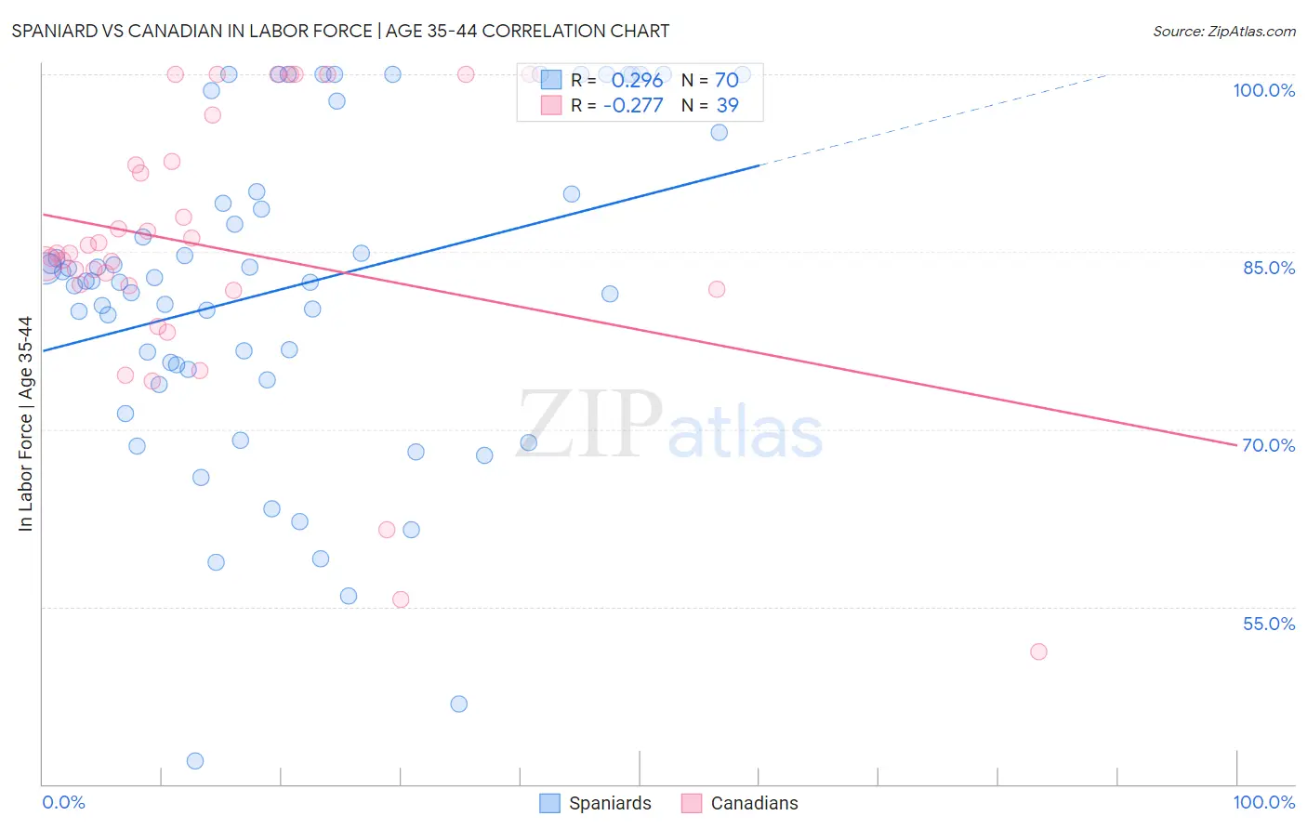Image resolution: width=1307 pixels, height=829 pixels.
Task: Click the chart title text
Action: point(340,31)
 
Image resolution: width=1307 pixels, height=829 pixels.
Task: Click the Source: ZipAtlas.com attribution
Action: point(1223,31)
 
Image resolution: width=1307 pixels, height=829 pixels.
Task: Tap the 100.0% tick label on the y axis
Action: point(1263,90)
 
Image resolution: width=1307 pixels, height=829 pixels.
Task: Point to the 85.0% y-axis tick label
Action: point(1268,268)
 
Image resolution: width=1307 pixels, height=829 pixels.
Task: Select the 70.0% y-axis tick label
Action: point(1268,445)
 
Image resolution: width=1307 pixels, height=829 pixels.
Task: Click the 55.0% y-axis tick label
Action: point(1268,624)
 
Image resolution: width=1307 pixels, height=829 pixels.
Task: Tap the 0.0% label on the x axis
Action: point(63,802)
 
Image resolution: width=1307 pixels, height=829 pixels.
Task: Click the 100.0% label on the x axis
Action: point(1263,802)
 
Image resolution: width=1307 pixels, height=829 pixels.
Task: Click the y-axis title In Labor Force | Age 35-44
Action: point(25,424)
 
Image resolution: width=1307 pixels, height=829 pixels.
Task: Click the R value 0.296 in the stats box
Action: point(637,81)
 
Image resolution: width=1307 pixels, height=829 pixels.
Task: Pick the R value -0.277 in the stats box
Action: point(633,105)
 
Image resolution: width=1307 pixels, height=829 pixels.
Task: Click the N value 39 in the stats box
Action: point(727,105)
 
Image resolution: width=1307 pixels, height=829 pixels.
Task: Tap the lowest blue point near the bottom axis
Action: point(195,761)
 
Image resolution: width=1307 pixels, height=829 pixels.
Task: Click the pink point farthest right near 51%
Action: point(1038,651)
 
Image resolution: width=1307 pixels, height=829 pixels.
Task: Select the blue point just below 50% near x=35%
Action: point(458,704)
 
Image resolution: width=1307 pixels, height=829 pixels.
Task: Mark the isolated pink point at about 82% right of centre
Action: point(717,289)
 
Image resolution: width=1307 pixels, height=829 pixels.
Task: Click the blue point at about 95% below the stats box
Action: point(719,132)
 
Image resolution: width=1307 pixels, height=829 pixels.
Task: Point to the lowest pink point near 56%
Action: point(401,599)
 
